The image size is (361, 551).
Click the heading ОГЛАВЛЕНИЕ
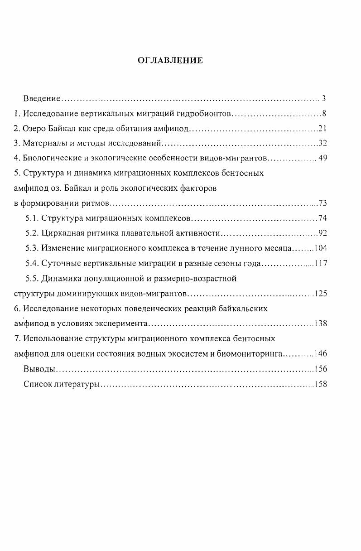pos(170,61)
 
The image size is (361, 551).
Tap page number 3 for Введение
pos(324,98)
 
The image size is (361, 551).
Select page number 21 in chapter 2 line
pos(322,129)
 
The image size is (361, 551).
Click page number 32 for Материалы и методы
pos(322,144)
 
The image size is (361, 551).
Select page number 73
pos(322,203)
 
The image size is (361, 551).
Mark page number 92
pos(322,233)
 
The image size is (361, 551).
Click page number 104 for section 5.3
pos(320,248)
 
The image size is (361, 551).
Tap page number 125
pos(321,293)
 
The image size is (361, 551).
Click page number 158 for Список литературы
pos(321,384)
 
